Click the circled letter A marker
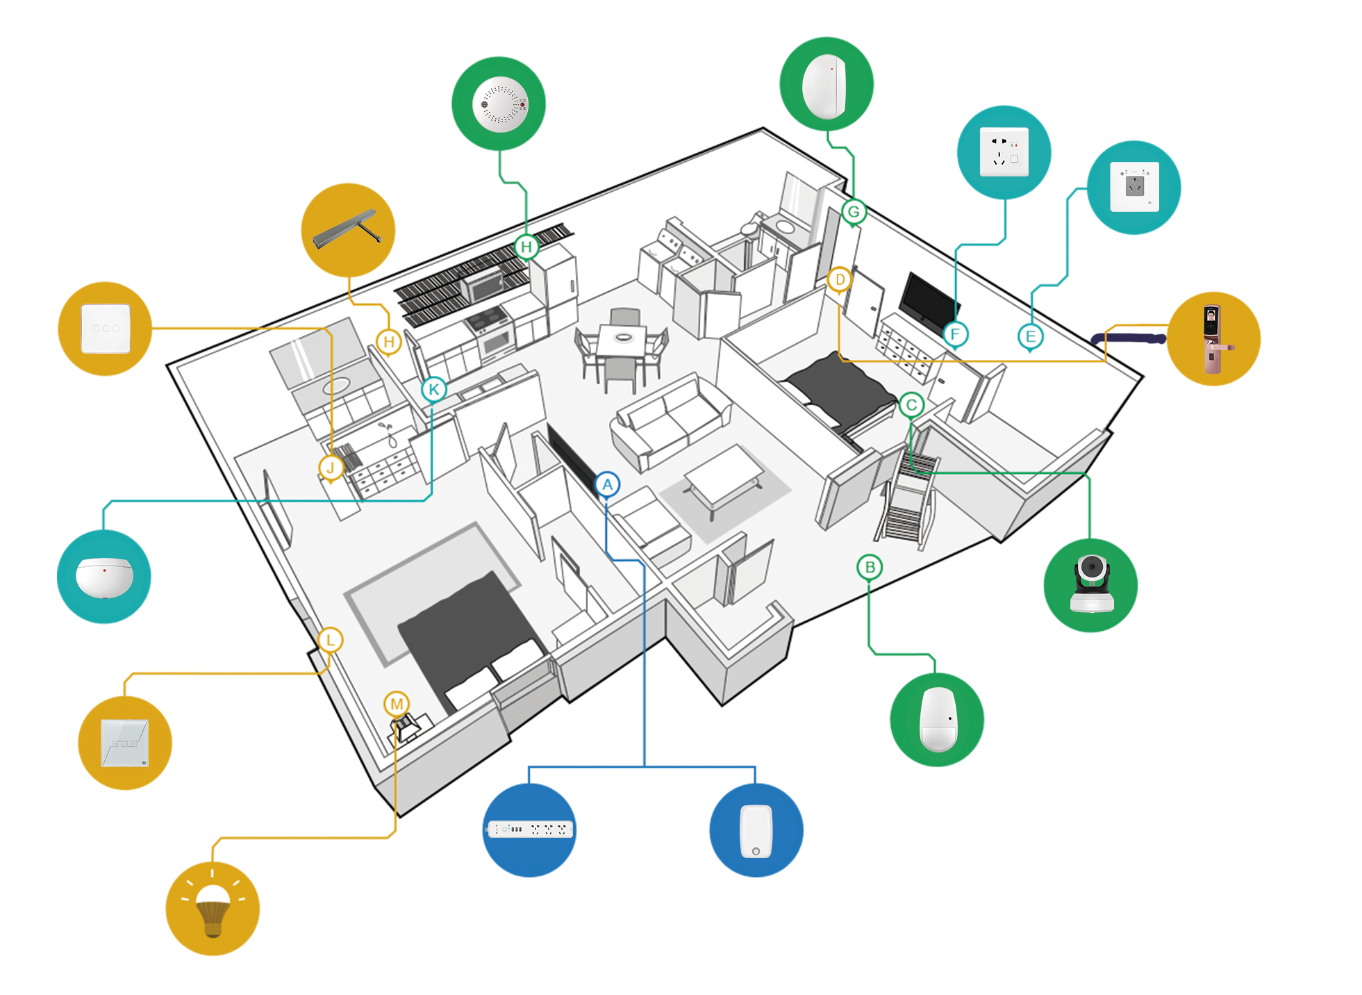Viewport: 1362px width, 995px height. click(x=608, y=484)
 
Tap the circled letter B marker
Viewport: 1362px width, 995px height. click(x=870, y=568)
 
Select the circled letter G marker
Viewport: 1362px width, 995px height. click(x=854, y=212)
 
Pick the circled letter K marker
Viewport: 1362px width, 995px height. click(x=434, y=389)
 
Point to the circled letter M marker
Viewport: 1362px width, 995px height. click(x=397, y=704)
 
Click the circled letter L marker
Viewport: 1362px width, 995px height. click(x=331, y=640)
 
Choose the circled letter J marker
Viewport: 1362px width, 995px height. click(x=331, y=468)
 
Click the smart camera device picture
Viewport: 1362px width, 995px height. click(x=1092, y=584)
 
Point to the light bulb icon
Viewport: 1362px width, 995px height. click(x=213, y=907)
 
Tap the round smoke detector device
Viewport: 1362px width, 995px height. click(x=500, y=104)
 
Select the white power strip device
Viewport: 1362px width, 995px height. click(x=531, y=829)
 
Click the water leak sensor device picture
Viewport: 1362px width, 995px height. click(x=104, y=577)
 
